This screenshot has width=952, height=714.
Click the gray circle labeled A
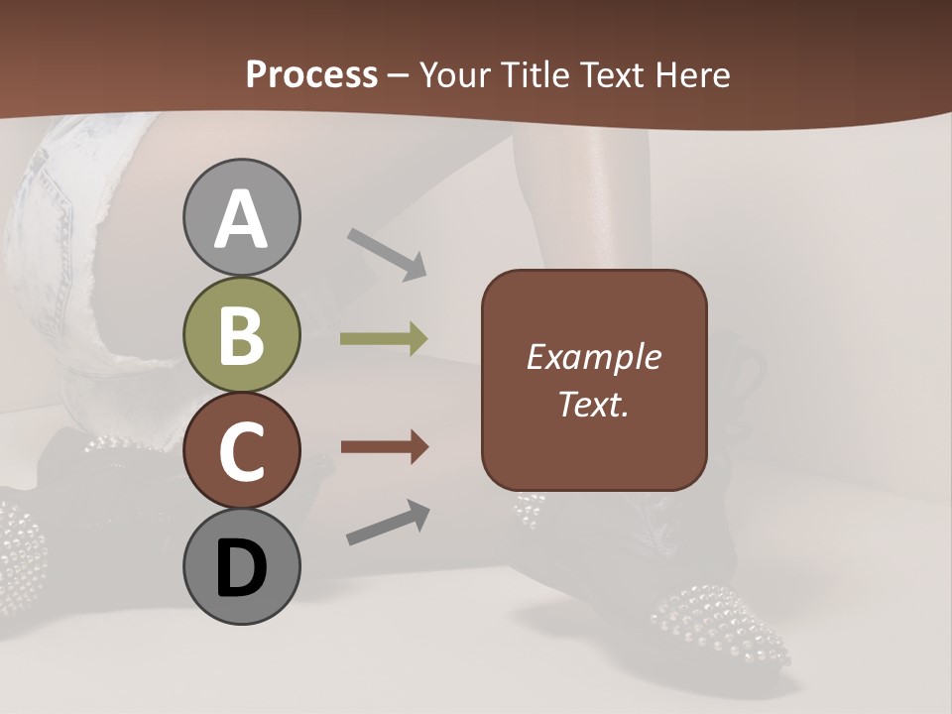coord(241,218)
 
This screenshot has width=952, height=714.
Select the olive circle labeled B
coord(241,335)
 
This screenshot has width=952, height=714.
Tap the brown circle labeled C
coord(241,450)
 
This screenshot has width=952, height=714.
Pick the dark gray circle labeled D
coord(241,566)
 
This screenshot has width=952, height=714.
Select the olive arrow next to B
coord(384,339)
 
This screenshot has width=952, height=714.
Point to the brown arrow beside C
coord(384,448)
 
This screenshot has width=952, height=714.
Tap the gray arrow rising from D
coord(388,524)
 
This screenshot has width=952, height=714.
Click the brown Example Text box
coord(594,380)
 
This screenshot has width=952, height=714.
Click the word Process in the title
coord(311,74)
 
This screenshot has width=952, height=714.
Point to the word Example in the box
coord(594,357)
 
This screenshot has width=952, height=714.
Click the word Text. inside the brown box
coord(594,404)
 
